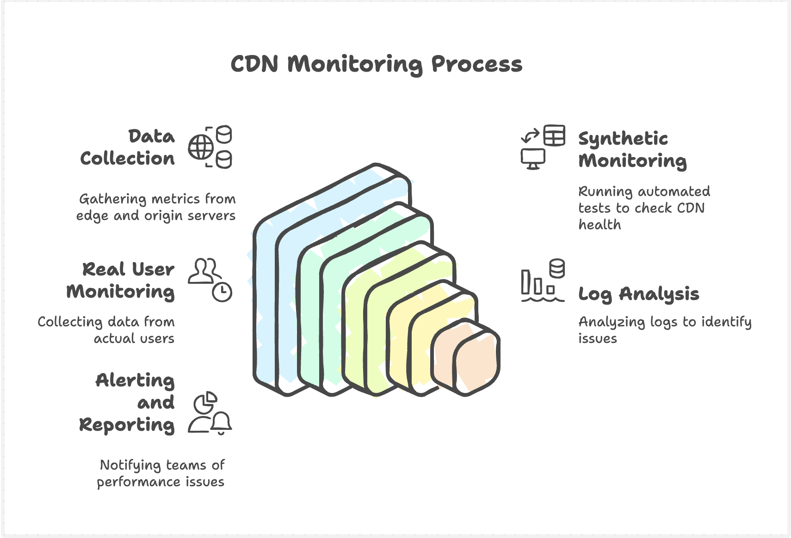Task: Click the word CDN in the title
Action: click(254, 64)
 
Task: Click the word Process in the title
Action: click(476, 64)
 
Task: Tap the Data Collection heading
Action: click(128, 147)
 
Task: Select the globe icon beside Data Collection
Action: click(200, 147)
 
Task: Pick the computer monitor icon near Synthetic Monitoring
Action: click(533, 159)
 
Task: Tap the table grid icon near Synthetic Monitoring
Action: click(554, 136)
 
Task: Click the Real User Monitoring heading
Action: click(121, 280)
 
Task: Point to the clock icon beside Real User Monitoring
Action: click(222, 292)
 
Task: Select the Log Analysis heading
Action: click(638, 294)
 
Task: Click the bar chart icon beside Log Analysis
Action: click(537, 283)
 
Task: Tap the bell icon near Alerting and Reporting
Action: click(222, 422)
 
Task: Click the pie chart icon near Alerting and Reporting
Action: click(205, 403)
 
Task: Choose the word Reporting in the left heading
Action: click(127, 425)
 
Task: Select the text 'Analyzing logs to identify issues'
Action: click(664, 330)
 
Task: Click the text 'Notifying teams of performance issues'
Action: click(161, 473)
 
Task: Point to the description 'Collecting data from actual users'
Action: click(106, 330)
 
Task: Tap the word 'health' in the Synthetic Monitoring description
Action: click(599, 225)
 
